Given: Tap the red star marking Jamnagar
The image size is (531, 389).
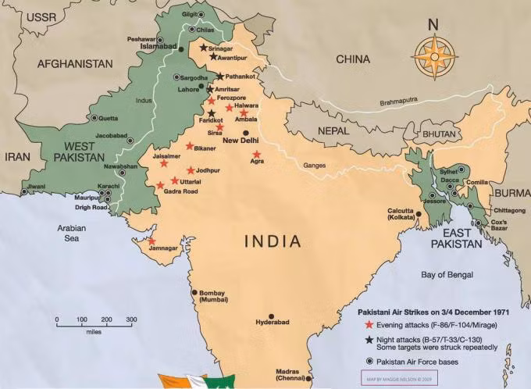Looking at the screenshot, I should pyautogui.click(x=151, y=241).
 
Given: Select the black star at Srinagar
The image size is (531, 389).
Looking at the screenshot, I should pyautogui.click(x=203, y=48).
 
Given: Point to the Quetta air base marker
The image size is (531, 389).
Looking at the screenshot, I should pyautogui.click(x=94, y=118).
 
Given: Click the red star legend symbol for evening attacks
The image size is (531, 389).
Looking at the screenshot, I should pyautogui.click(x=369, y=323).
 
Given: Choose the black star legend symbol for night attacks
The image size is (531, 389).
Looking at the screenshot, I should pyautogui.click(x=369, y=339).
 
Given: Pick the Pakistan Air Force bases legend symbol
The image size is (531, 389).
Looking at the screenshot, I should pyautogui.click(x=369, y=362).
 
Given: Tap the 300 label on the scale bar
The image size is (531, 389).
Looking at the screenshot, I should pyautogui.click(x=131, y=319).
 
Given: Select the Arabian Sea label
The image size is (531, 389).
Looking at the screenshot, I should pyautogui.click(x=68, y=234).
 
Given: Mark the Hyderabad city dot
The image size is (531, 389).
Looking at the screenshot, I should pyautogui.click(x=271, y=316).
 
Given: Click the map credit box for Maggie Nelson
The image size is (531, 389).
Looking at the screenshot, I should pyautogui.click(x=398, y=378).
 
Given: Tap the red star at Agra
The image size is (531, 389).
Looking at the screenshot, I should pyautogui.click(x=257, y=154).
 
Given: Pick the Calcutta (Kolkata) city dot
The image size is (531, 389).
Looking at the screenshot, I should pyautogui.click(x=419, y=214).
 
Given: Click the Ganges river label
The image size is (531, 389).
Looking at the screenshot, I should pyautogui.click(x=315, y=166).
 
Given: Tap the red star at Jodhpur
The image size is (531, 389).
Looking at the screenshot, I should pyautogui.click(x=191, y=170).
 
